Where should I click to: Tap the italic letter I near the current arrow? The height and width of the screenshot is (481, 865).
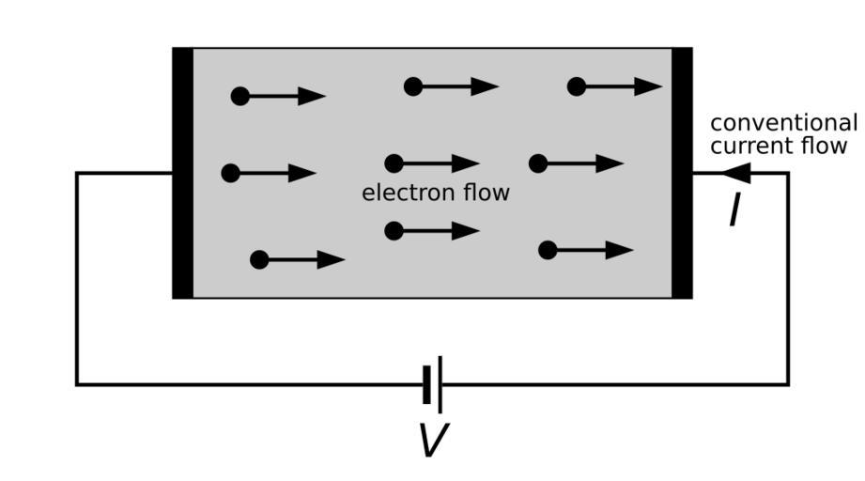coord(734,211)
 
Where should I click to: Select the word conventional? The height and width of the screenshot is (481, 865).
coord(783,123)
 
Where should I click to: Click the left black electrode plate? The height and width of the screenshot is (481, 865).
coord(183,173)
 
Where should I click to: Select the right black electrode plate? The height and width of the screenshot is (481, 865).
coord(682,173)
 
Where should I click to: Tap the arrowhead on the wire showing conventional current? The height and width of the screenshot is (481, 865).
coord(736,173)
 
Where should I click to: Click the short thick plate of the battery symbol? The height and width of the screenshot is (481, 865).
coord(427,384)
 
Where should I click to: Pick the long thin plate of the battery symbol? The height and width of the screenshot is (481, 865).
coord(440,384)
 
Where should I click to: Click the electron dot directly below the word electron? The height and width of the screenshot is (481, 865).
coord(394,231)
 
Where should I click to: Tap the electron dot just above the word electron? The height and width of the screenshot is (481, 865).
coord(394,163)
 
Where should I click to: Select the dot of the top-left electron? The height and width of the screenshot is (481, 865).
coord(240,96)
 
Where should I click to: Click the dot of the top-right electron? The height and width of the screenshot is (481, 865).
coord(577,86)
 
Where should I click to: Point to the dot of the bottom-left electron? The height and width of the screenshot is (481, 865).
coord(259,260)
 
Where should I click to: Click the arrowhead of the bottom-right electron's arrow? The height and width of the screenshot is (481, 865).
coord(620,250)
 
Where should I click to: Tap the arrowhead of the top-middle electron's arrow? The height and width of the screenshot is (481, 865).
coord(485,86)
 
